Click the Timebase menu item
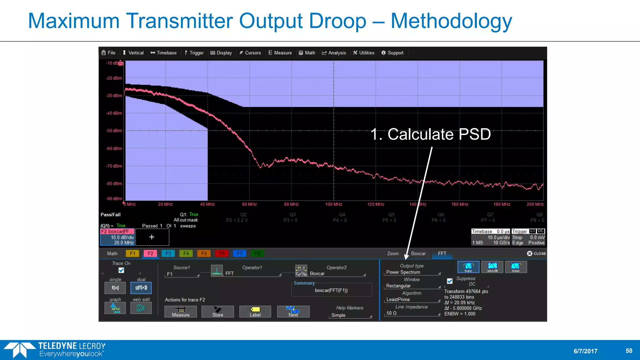(x=163, y=53)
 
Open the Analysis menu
(x=334, y=53)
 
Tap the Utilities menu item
(x=364, y=53)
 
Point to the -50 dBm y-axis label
(x=114, y=131)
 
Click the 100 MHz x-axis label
(x=333, y=204)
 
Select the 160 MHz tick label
(x=460, y=204)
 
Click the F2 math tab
(x=150, y=253)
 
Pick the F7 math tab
(x=240, y=253)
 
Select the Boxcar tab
(x=418, y=253)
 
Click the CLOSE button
(x=537, y=253)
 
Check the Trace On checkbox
(x=121, y=270)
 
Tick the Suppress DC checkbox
(x=450, y=281)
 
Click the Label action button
(x=255, y=312)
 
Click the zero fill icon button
(x=492, y=267)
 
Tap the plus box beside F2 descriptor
(x=152, y=237)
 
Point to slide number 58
(x=629, y=351)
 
